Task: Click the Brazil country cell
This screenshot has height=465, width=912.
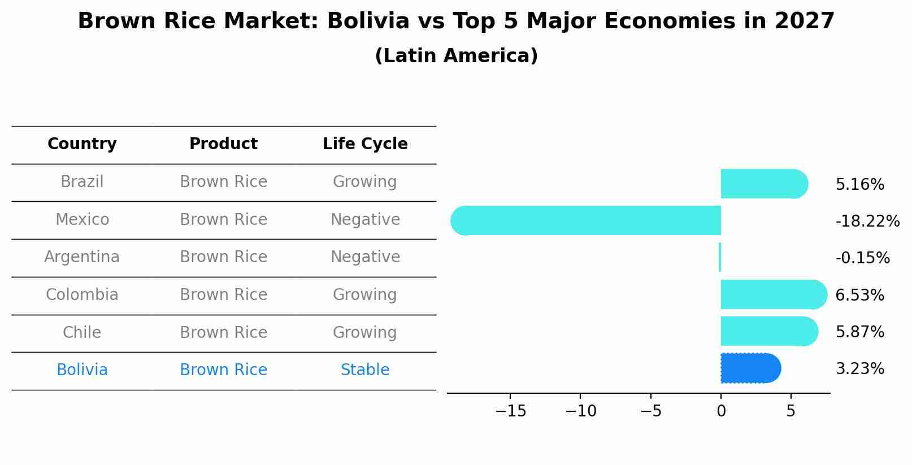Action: coord(82,182)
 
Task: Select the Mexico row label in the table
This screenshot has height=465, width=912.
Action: coord(82,220)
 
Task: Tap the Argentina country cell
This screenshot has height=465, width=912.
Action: coord(82,257)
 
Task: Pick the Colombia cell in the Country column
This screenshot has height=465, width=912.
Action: coord(82,295)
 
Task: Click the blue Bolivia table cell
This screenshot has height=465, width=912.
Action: coord(82,370)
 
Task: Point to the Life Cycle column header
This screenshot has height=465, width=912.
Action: coord(365,144)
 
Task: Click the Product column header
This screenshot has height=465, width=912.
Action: coord(223,144)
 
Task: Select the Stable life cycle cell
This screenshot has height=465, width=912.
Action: coord(365,370)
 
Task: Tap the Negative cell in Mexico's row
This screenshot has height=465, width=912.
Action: coord(365,220)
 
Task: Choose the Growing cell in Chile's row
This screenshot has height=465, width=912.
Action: coord(365,333)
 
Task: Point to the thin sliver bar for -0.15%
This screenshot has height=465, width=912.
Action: coord(720,258)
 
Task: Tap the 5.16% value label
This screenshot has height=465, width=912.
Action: coord(859,185)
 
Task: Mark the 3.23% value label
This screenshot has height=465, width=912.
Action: coord(859,369)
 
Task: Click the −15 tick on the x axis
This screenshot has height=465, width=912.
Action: coord(510,411)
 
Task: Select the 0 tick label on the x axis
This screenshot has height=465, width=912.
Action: coord(721,411)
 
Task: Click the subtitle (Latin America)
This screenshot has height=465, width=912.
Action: coord(456,56)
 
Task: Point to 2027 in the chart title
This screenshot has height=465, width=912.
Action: coord(805,21)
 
